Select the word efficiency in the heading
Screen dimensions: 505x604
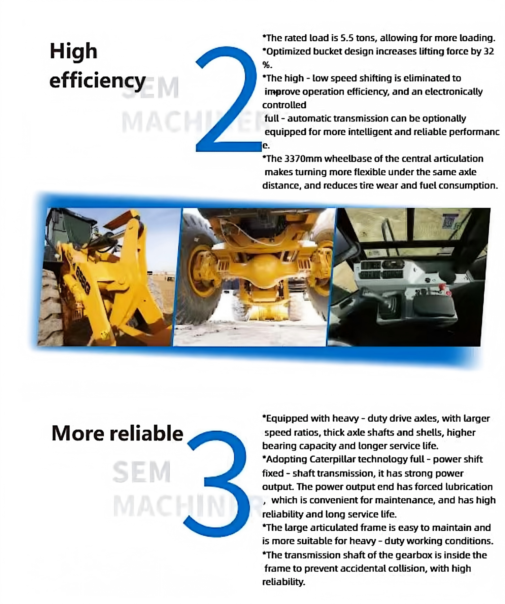[98, 81]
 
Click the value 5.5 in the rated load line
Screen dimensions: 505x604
[346, 38]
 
